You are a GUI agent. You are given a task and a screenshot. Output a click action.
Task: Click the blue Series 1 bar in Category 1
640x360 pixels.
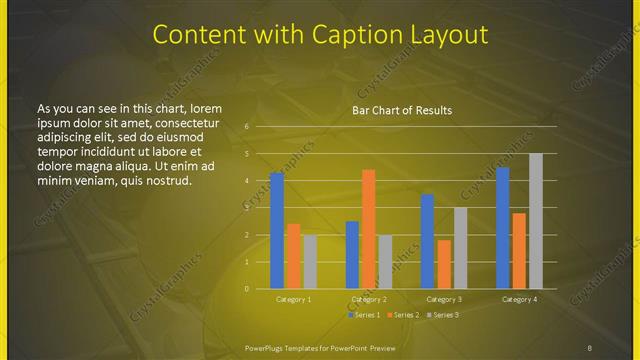click(x=277, y=230)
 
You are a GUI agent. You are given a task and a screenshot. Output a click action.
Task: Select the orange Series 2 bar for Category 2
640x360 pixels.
click(x=369, y=229)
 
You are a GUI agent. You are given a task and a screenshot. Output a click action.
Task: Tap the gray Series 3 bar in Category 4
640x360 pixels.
click(x=536, y=221)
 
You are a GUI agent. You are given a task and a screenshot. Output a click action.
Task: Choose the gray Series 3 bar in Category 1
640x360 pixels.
click(x=310, y=262)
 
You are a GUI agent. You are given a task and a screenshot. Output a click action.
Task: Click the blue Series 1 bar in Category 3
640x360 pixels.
click(x=428, y=241)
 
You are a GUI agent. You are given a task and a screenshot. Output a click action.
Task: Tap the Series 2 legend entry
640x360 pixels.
click(x=403, y=315)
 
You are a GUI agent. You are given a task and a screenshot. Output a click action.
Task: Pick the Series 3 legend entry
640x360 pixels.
click(x=441, y=315)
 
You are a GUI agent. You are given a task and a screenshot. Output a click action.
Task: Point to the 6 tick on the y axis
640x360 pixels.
click(x=246, y=127)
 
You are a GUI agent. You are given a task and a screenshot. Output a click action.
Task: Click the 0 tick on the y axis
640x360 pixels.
click(x=246, y=289)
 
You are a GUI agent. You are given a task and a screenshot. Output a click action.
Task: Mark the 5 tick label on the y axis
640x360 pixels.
click(x=246, y=154)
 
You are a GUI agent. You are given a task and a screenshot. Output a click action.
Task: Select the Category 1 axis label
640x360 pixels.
click(x=294, y=299)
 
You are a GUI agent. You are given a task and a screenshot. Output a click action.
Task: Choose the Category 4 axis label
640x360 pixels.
click(x=519, y=299)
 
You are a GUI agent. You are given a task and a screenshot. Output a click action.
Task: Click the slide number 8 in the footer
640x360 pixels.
click(x=589, y=347)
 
